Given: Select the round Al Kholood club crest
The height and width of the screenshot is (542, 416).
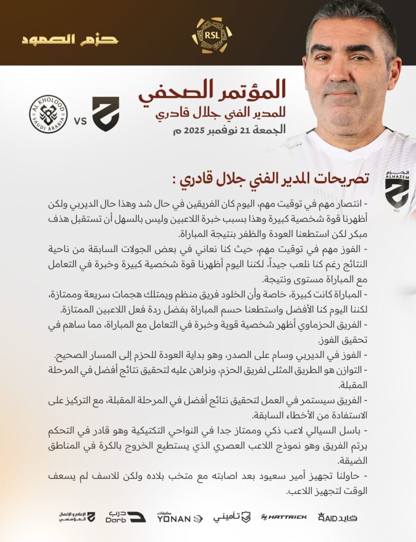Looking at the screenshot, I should click(48, 114).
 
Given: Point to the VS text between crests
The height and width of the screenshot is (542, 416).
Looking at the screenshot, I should click(80, 121).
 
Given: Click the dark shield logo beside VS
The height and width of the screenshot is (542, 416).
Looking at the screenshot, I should click(105, 114).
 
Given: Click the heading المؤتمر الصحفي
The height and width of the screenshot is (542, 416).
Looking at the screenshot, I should click(212, 91).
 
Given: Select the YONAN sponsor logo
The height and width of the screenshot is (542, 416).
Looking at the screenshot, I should click(179, 518).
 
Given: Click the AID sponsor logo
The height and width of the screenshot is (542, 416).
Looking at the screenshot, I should click(337, 517).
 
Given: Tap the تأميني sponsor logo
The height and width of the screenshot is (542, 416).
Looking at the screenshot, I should click(232, 517).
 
